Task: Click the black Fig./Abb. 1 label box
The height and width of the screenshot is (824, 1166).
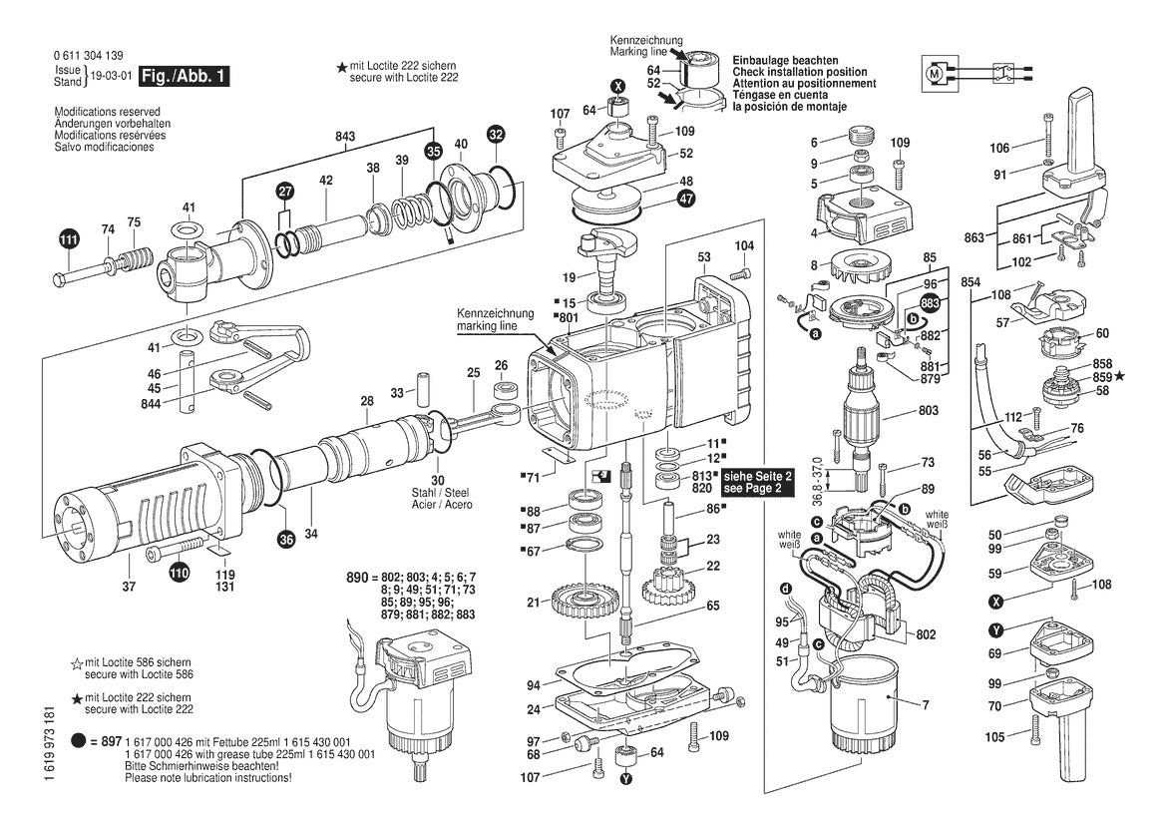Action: tap(185, 77)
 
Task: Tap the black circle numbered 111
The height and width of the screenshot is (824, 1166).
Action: tap(67, 239)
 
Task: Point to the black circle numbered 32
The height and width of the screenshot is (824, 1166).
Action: tap(496, 133)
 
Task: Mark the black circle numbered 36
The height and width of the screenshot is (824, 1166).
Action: tap(286, 540)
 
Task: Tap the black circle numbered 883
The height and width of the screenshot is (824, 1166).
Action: tap(930, 302)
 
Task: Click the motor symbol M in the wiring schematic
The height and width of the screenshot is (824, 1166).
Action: tap(935, 73)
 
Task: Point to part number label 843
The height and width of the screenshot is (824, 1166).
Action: tap(345, 136)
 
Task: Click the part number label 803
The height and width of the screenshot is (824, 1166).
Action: tap(929, 411)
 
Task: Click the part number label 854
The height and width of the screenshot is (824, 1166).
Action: tap(970, 283)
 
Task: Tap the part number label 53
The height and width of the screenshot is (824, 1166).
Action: tap(703, 257)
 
